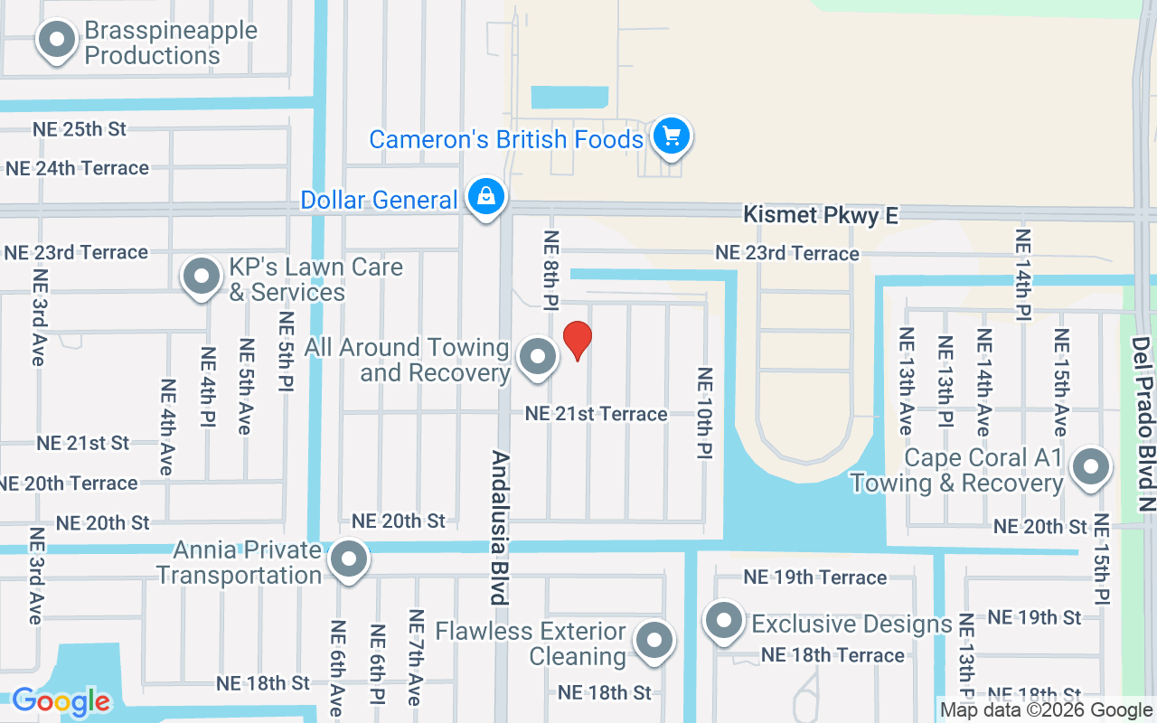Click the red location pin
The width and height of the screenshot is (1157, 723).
[x=578, y=340]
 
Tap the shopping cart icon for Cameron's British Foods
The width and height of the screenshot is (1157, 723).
[x=670, y=136]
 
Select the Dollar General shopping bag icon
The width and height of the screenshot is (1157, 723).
[x=486, y=195]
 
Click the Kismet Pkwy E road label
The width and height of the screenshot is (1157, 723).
[x=821, y=215]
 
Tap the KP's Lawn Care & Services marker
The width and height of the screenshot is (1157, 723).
[x=202, y=276]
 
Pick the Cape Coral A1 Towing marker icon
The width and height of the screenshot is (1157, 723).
[x=1090, y=467]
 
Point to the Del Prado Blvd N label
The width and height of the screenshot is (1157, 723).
[x=1143, y=425]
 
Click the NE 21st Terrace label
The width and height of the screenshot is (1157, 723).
[x=597, y=414]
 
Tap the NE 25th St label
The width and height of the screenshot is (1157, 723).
[x=80, y=128]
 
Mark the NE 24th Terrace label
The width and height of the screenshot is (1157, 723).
[x=77, y=168]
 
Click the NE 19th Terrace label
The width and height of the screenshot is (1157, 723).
[x=814, y=577]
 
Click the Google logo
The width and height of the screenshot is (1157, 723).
[x=61, y=701]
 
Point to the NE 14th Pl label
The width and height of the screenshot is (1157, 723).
[x=1022, y=276]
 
